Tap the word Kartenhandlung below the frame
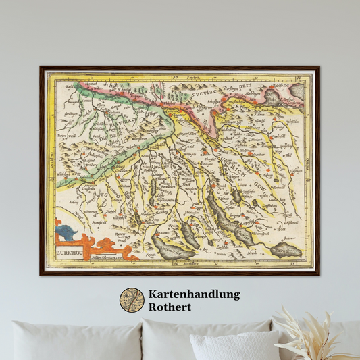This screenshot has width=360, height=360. [193, 294]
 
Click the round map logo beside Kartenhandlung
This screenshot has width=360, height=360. [132, 301]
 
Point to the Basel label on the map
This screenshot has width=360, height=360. [68, 88]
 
